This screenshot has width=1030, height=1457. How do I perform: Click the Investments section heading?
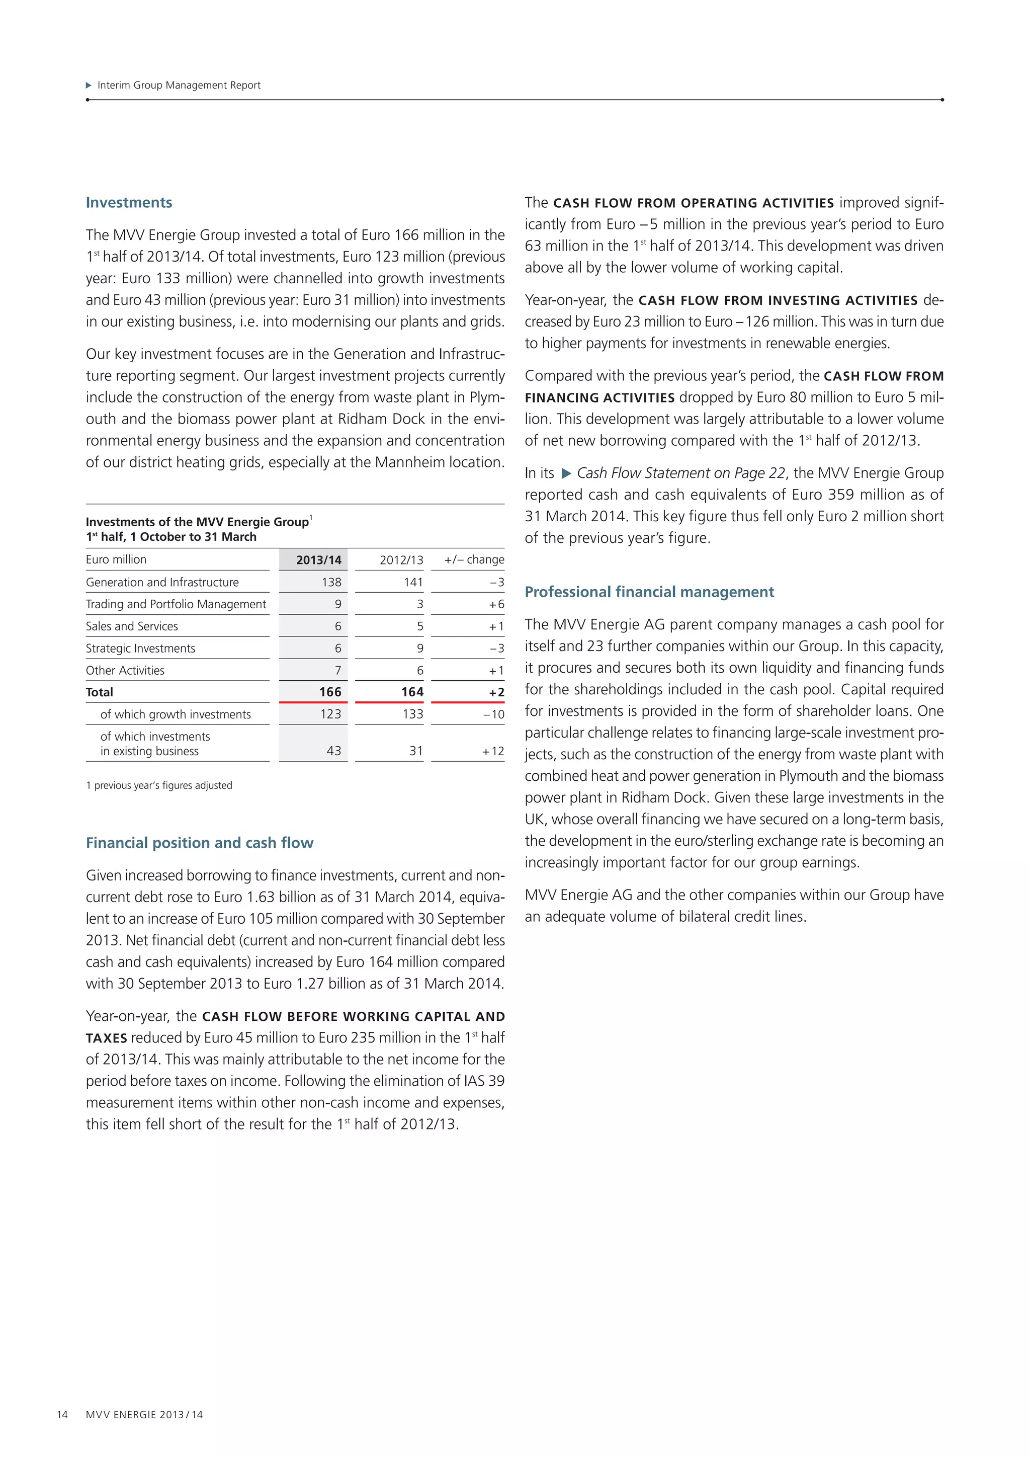(x=129, y=202)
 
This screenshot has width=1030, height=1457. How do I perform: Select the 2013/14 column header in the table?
(x=318, y=559)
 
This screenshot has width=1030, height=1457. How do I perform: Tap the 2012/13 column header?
(x=401, y=559)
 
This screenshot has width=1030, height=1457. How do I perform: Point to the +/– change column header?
(x=474, y=559)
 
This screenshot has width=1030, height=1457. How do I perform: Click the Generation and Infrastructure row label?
(x=162, y=582)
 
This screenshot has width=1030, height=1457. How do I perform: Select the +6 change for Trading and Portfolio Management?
(x=496, y=604)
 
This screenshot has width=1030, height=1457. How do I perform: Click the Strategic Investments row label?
(x=140, y=648)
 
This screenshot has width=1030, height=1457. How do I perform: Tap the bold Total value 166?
(x=330, y=692)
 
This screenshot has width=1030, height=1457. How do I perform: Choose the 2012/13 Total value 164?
(x=412, y=692)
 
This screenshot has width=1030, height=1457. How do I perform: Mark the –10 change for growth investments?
(x=493, y=714)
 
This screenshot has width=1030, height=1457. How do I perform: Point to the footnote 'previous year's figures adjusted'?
(x=159, y=785)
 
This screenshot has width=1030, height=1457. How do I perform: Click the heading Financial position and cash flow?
(x=199, y=843)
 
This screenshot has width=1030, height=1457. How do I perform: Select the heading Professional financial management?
(x=649, y=592)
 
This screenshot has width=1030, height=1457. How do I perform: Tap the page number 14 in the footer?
(x=62, y=1414)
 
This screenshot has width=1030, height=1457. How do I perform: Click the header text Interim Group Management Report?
(x=178, y=85)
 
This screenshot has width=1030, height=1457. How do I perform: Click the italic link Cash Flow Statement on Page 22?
(x=680, y=473)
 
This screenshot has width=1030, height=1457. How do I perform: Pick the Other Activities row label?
(x=125, y=670)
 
